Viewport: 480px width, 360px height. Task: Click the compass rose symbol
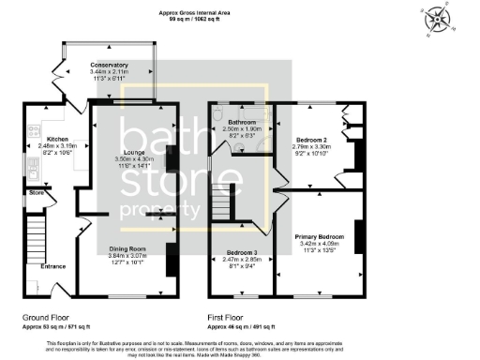point(438,18)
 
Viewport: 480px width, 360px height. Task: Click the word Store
point(37,194)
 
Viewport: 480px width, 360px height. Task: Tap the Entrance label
point(53,266)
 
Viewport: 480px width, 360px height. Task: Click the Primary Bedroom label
point(320,236)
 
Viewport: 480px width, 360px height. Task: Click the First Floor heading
point(227,318)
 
